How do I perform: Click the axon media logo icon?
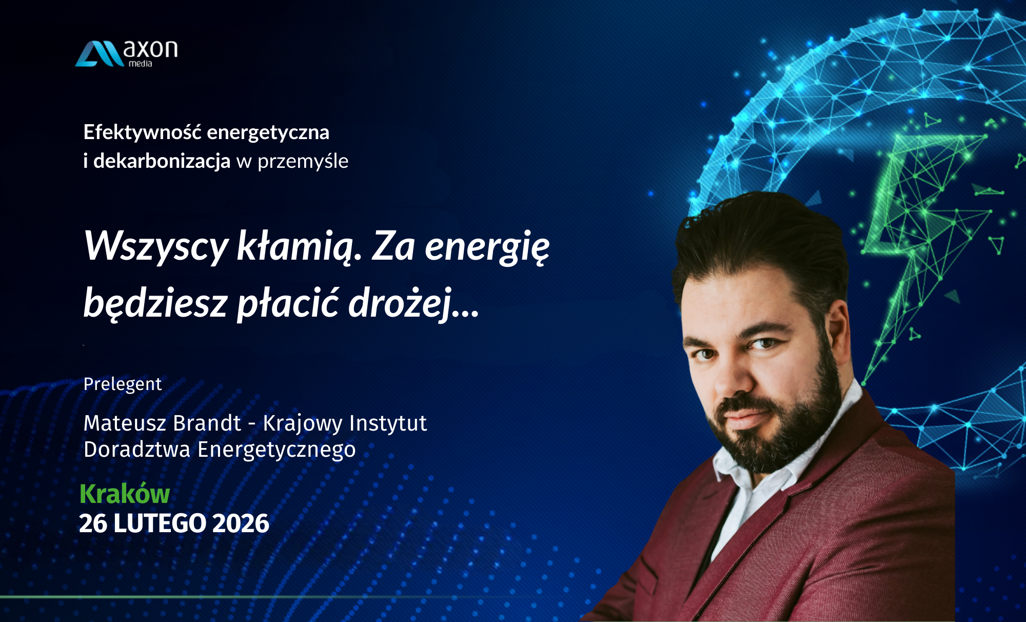click(99, 54)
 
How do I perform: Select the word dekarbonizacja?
click(162, 161)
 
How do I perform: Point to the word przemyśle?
click(303, 161)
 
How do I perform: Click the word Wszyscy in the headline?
click(156, 246)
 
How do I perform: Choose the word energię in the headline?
click(487, 247)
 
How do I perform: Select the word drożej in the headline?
click(401, 303)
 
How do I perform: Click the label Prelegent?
click(123, 384)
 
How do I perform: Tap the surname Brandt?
click(207, 423)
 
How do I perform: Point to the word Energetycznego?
click(277, 450)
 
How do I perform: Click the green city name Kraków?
click(125, 494)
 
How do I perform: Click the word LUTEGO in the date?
click(160, 523)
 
